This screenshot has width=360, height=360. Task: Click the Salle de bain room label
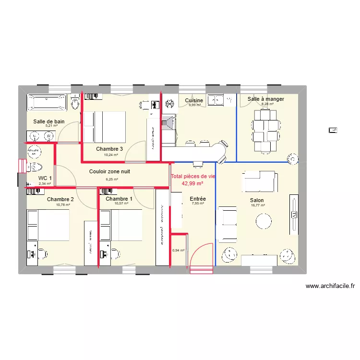pyautogui.click(x=48, y=121)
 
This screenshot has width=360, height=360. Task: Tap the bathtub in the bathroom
pyautogui.click(x=47, y=102)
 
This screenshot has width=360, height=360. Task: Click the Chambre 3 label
pyautogui.click(x=109, y=149)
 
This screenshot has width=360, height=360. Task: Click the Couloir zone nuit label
pyautogui.click(x=109, y=171)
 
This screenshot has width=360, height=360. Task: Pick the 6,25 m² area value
pyautogui.click(x=112, y=180)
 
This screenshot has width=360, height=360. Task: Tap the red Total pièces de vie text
pyautogui.click(x=193, y=176)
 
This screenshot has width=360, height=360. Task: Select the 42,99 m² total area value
pyautogui.click(x=192, y=183)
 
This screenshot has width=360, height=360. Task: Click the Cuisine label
pyautogui.click(x=194, y=100)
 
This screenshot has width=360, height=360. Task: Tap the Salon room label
pyautogui.click(x=256, y=200)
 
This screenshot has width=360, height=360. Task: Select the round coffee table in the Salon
pyautogui.click(x=264, y=221)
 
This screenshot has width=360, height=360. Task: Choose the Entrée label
pyautogui.click(x=198, y=198)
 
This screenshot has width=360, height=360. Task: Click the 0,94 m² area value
pyautogui.click(x=178, y=250)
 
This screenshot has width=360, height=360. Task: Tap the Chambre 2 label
pyautogui.click(x=60, y=199)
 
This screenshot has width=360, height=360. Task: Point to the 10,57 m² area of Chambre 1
pyautogui.click(x=119, y=204)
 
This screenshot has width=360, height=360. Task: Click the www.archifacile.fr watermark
pyautogui.click(x=330, y=286)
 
